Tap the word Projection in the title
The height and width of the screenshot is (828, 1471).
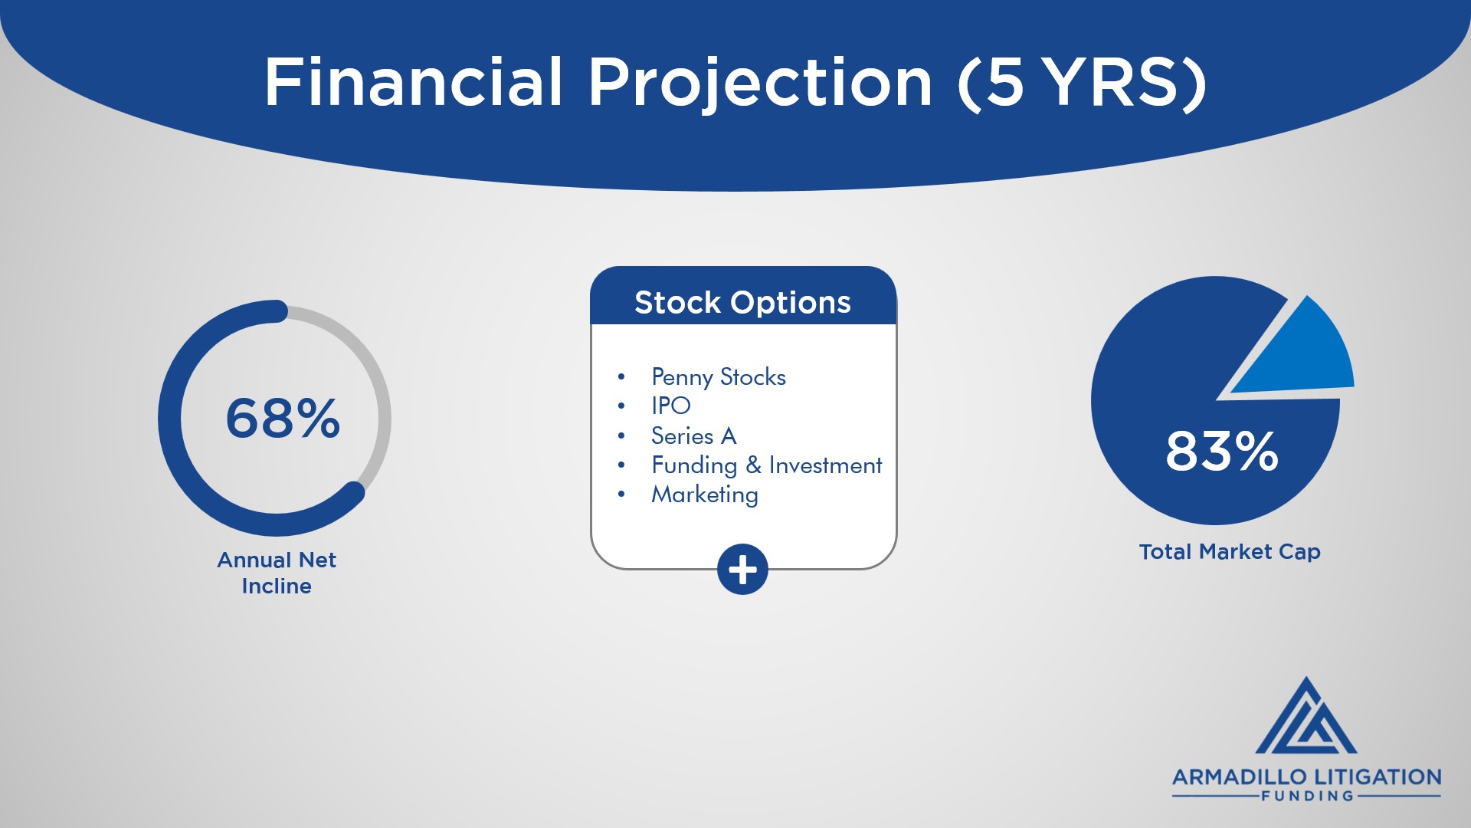760,84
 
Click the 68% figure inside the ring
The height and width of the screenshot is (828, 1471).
283,419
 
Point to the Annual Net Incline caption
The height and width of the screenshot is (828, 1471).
277,573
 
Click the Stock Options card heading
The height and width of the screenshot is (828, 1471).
742,302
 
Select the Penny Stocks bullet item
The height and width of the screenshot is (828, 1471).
718,377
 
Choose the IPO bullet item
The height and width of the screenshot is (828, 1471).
671,406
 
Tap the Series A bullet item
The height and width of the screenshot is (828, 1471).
693,435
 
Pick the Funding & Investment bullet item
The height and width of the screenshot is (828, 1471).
766,465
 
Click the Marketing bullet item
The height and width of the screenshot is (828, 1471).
705,495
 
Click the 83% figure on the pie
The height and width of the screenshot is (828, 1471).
1222,451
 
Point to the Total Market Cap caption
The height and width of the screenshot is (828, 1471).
1230,552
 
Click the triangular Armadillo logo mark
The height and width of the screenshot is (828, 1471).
1306,715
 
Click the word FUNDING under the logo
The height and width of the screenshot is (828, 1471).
1307,797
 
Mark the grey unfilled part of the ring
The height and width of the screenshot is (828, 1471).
379,399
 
